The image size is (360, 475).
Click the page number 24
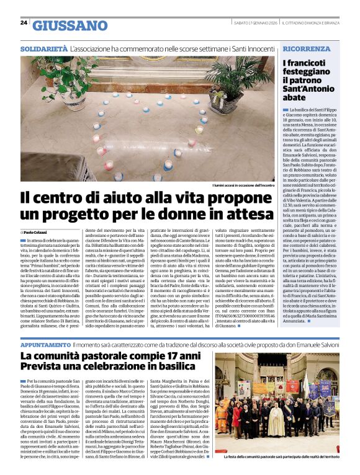pyautogui.click(x=24, y=23)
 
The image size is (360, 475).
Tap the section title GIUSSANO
pyautogui.click(x=70, y=25)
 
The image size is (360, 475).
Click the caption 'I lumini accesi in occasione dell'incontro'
pyautogui.click(x=241, y=185)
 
